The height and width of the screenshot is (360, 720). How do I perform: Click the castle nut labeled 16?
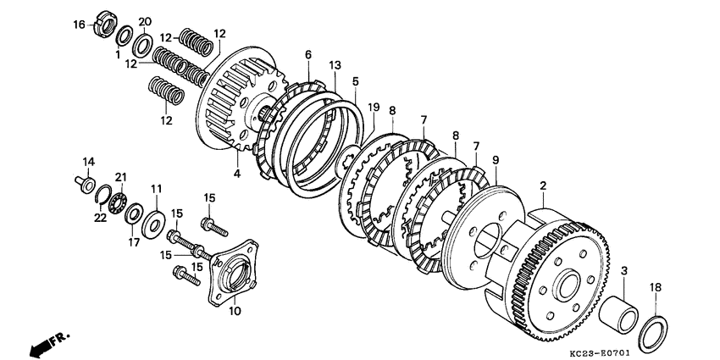(x=106, y=25)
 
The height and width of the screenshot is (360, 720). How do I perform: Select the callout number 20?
(x=145, y=21)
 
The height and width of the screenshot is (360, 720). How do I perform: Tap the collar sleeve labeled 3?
(x=618, y=315)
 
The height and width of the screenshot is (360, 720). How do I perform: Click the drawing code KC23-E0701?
(x=599, y=354)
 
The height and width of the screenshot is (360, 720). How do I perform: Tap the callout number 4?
(x=237, y=174)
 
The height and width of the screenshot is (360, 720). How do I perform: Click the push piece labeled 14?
(x=85, y=182)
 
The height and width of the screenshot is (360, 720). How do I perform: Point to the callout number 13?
(x=335, y=66)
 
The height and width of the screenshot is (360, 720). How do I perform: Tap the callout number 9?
(x=496, y=160)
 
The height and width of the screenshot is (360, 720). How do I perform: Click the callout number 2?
(x=543, y=186)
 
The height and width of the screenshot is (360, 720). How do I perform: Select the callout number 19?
(x=374, y=108)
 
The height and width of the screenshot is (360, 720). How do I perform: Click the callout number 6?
(x=308, y=55)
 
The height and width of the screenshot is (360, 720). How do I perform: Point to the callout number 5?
(x=356, y=81)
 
